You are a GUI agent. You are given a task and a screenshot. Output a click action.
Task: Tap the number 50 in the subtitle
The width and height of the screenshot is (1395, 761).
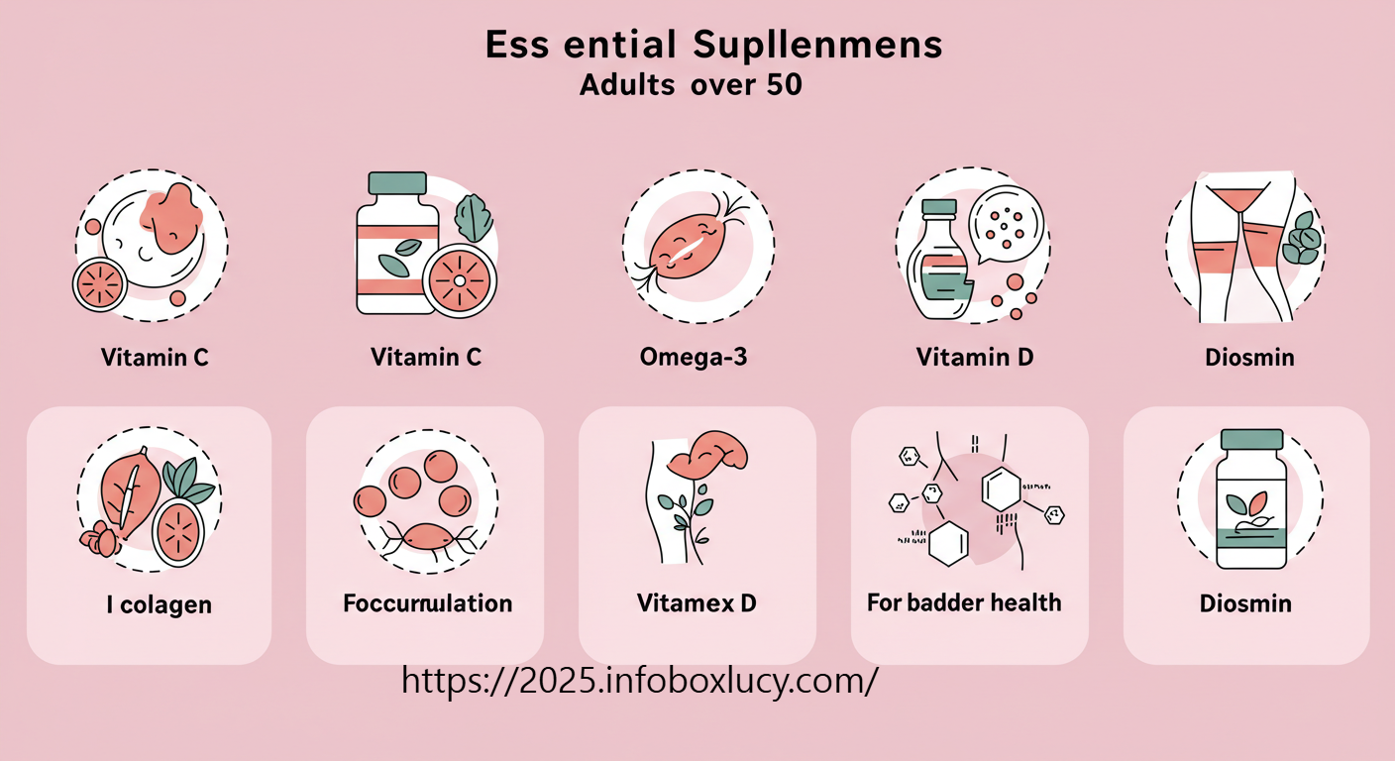[783, 85]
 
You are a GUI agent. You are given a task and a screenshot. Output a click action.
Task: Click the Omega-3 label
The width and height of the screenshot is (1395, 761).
[694, 357]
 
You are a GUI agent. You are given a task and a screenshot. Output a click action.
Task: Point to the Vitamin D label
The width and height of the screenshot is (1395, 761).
[975, 357]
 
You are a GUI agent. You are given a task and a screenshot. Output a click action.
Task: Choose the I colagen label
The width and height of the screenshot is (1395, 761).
[159, 604]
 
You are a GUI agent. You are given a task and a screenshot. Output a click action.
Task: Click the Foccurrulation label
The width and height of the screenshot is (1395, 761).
[427, 602]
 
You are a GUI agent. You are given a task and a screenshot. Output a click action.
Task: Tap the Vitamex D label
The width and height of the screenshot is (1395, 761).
[697, 602]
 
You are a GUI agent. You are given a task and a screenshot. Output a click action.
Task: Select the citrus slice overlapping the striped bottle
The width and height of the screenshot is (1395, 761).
[459, 278]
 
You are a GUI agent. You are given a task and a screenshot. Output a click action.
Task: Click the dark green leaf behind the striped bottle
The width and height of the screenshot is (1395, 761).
[474, 218]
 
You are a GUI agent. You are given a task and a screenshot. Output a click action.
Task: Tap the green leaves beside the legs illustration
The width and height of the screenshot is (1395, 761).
[1302, 241]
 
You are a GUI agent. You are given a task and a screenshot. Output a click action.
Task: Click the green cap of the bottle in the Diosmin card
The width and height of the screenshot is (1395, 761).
[1251, 439]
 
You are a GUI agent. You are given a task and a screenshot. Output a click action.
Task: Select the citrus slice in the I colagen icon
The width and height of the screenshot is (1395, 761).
[179, 531]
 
